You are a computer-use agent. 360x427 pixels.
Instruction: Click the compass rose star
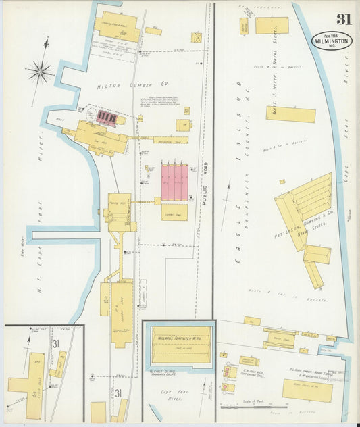tap(40, 70)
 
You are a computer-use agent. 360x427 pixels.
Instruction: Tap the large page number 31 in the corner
tap(344, 19)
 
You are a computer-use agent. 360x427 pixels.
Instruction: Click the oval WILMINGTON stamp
tap(332, 41)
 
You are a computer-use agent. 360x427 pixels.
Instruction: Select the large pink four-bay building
tap(175, 180)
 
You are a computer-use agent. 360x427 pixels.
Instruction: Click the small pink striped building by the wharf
tap(107, 118)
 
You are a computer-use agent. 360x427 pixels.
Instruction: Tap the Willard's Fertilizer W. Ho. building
tap(180, 345)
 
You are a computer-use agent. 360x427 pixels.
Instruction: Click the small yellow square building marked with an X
tap(197, 38)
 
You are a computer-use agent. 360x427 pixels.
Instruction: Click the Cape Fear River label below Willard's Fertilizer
tap(176, 395)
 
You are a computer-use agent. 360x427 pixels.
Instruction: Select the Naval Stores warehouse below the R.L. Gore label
tap(307, 389)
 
